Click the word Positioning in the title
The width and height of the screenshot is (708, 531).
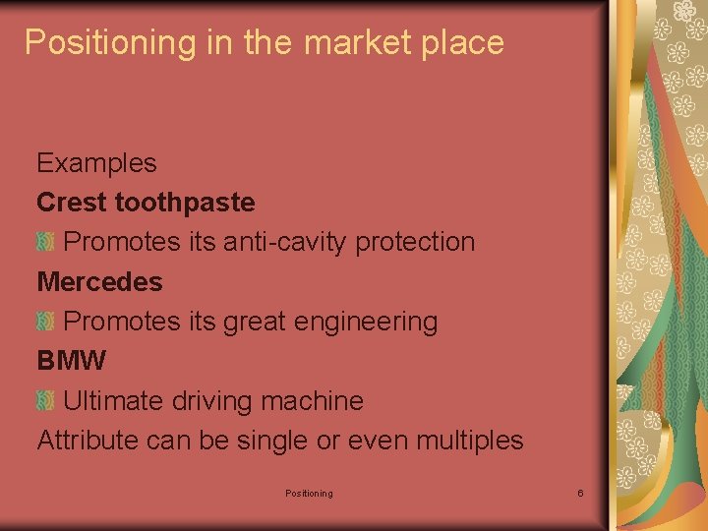(96, 42)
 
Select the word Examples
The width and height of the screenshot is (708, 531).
(96, 162)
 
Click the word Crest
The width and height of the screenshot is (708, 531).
(72, 203)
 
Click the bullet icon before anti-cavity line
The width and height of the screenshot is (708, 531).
(44, 242)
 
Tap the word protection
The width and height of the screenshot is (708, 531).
(415, 242)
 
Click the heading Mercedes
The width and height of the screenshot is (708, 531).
(99, 282)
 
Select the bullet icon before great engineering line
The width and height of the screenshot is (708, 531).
(44, 322)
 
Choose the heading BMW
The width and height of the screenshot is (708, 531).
(71, 361)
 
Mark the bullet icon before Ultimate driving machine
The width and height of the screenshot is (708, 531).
(44, 401)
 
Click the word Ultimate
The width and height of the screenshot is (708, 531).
(114, 401)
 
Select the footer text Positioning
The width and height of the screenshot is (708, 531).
(309, 493)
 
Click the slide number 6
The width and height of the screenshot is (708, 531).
(580, 493)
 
